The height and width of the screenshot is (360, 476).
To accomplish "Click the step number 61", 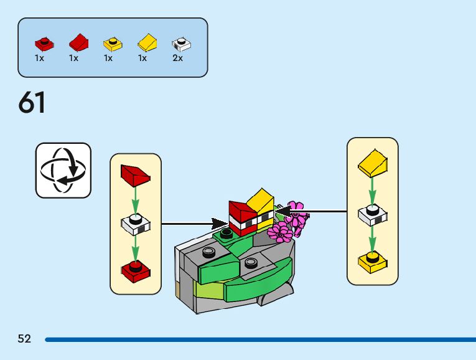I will pos(32,103).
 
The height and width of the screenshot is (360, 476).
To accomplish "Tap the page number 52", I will pos(24,339).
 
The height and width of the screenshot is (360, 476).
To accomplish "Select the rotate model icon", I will pos(63,170).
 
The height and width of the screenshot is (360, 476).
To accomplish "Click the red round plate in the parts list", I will pos(44,44).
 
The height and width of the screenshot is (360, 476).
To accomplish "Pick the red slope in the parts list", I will pos(78,42).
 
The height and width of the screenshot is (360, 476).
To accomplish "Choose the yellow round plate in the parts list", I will pos(113,44).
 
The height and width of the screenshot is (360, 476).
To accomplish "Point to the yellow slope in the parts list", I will pos(147,42).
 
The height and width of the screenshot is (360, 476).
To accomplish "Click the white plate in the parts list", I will pos(182,44).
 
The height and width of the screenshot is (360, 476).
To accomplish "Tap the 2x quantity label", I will pos(178,58).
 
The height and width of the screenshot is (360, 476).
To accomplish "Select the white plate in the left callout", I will pos(136,224).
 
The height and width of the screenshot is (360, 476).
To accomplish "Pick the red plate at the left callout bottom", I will pos(135,269).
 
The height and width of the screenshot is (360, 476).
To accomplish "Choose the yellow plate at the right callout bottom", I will pos(373,262).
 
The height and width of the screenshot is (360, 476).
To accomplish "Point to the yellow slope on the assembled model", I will pos(261,201).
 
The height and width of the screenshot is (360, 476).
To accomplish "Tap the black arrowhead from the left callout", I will pos(220,223).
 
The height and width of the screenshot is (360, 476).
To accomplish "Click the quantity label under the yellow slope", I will pos(142,58).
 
